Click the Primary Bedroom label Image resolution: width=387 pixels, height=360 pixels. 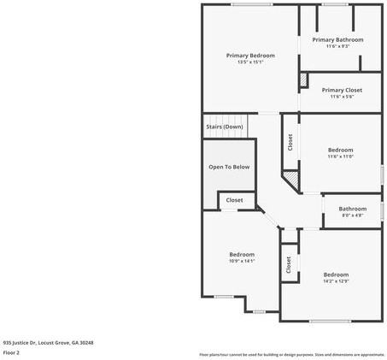click(249, 56)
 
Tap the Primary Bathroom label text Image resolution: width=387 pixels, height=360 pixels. click(337, 39)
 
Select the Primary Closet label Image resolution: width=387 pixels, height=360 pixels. click(342, 90)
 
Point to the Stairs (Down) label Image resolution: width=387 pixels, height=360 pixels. click(224, 127)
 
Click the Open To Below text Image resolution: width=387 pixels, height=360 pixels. click(229, 167)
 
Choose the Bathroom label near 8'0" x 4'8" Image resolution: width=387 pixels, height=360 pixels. click(352, 209)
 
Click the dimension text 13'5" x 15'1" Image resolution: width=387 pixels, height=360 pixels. click(249, 62)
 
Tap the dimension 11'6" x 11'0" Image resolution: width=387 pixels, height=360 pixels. click(340, 156)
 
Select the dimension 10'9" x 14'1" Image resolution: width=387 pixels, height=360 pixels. click(242, 261)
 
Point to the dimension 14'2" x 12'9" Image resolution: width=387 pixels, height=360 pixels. click(335, 280)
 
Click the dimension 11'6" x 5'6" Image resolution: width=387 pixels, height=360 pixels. click(342, 97)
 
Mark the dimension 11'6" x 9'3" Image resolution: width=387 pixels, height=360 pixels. click(337, 46)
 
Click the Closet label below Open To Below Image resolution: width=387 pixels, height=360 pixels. click(234, 200)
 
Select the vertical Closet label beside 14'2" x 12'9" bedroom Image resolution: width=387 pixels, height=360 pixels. click(289, 265)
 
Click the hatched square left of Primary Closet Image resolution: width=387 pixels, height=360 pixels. click(302, 80)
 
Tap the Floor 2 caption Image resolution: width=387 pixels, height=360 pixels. click(11, 352)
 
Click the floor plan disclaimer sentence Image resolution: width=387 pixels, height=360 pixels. click(292, 354)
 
